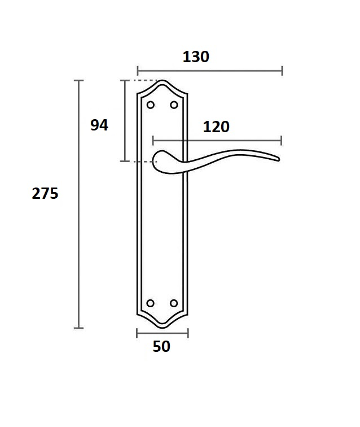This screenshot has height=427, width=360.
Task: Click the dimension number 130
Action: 196,57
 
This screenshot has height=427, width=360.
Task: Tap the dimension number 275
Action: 45,194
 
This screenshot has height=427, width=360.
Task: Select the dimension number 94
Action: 99,125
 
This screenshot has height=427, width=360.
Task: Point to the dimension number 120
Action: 216,127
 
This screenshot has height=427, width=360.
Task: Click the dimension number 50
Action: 161,346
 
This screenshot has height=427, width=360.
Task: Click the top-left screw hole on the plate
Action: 151,105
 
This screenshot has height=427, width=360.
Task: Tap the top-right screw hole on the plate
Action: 174,105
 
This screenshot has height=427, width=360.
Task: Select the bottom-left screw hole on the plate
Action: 150,303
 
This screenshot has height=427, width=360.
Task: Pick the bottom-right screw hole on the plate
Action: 174,303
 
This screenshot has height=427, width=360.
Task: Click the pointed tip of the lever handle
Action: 279,159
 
